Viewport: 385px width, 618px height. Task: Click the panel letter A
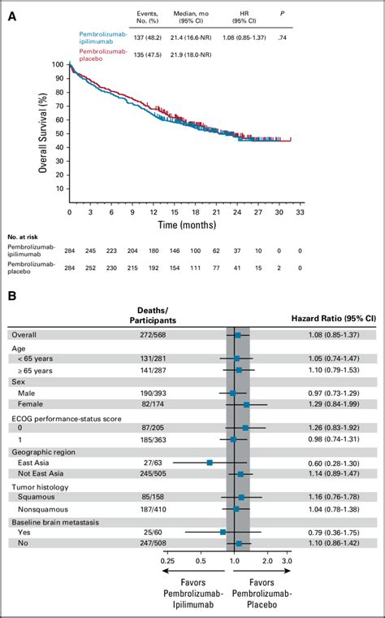tap(13, 18)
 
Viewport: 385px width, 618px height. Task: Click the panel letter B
tap(13, 296)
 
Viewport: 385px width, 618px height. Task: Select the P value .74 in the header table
tap(282, 37)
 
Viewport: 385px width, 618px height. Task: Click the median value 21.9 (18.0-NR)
tap(192, 54)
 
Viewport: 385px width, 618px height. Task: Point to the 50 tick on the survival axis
tap(60, 133)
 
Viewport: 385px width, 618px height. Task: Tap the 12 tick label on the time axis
tap(154, 212)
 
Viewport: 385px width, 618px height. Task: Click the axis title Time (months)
tap(187, 225)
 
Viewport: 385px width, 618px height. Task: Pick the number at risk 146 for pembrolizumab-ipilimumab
tap(175, 250)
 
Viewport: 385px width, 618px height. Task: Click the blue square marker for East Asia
tap(210, 463)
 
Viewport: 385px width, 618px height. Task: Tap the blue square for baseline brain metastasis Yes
tap(223, 532)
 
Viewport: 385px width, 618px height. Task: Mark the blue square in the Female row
tap(246, 404)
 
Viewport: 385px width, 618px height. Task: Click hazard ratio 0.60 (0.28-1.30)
tap(334, 463)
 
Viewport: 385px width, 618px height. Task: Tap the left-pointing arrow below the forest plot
tap(192, 571)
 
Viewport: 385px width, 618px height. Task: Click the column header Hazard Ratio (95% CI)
tap(332, 319)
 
